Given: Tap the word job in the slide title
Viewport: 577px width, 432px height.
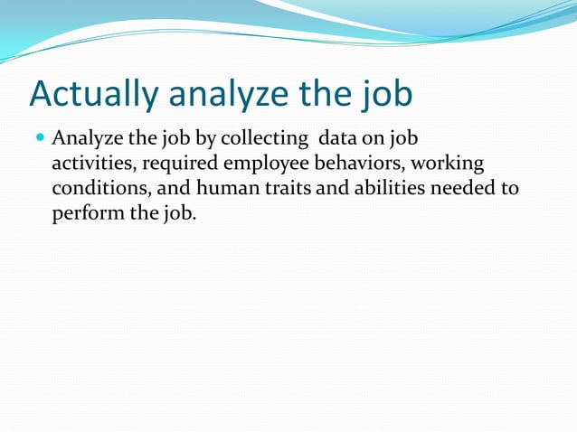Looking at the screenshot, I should click(x=383, y=95).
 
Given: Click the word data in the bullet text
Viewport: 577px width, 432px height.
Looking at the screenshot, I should click(x=336, y=140).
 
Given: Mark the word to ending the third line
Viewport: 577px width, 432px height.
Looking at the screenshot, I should click(x=511, y=189).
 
